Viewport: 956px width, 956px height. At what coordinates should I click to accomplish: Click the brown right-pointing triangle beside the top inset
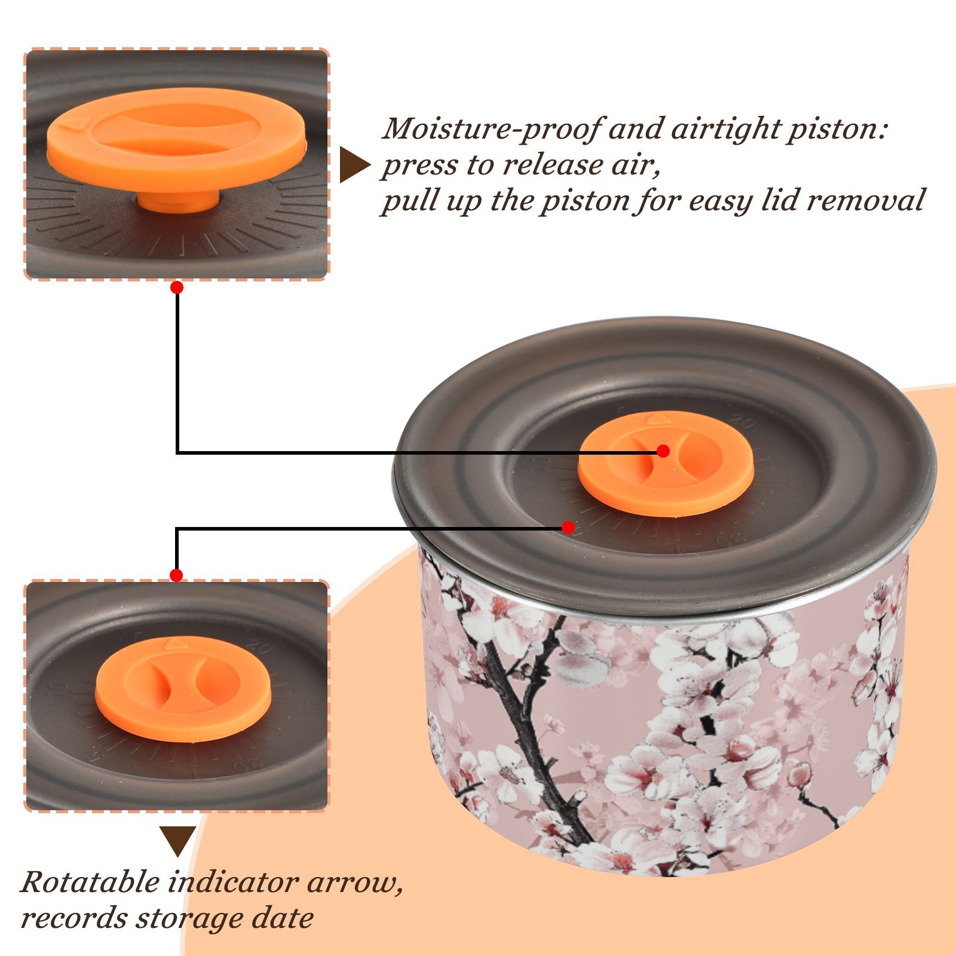[354, 165]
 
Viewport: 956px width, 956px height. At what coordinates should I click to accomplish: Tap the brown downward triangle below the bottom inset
[177, 841]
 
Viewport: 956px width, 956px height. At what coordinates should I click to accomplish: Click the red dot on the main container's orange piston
[663, 451]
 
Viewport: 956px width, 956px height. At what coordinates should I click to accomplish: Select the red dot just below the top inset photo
[176, 287]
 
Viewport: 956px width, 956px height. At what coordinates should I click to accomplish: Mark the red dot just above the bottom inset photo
[176, 575]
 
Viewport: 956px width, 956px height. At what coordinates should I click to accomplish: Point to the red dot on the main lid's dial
[568, 528]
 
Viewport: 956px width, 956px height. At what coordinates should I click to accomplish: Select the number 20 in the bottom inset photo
[260, 646]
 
